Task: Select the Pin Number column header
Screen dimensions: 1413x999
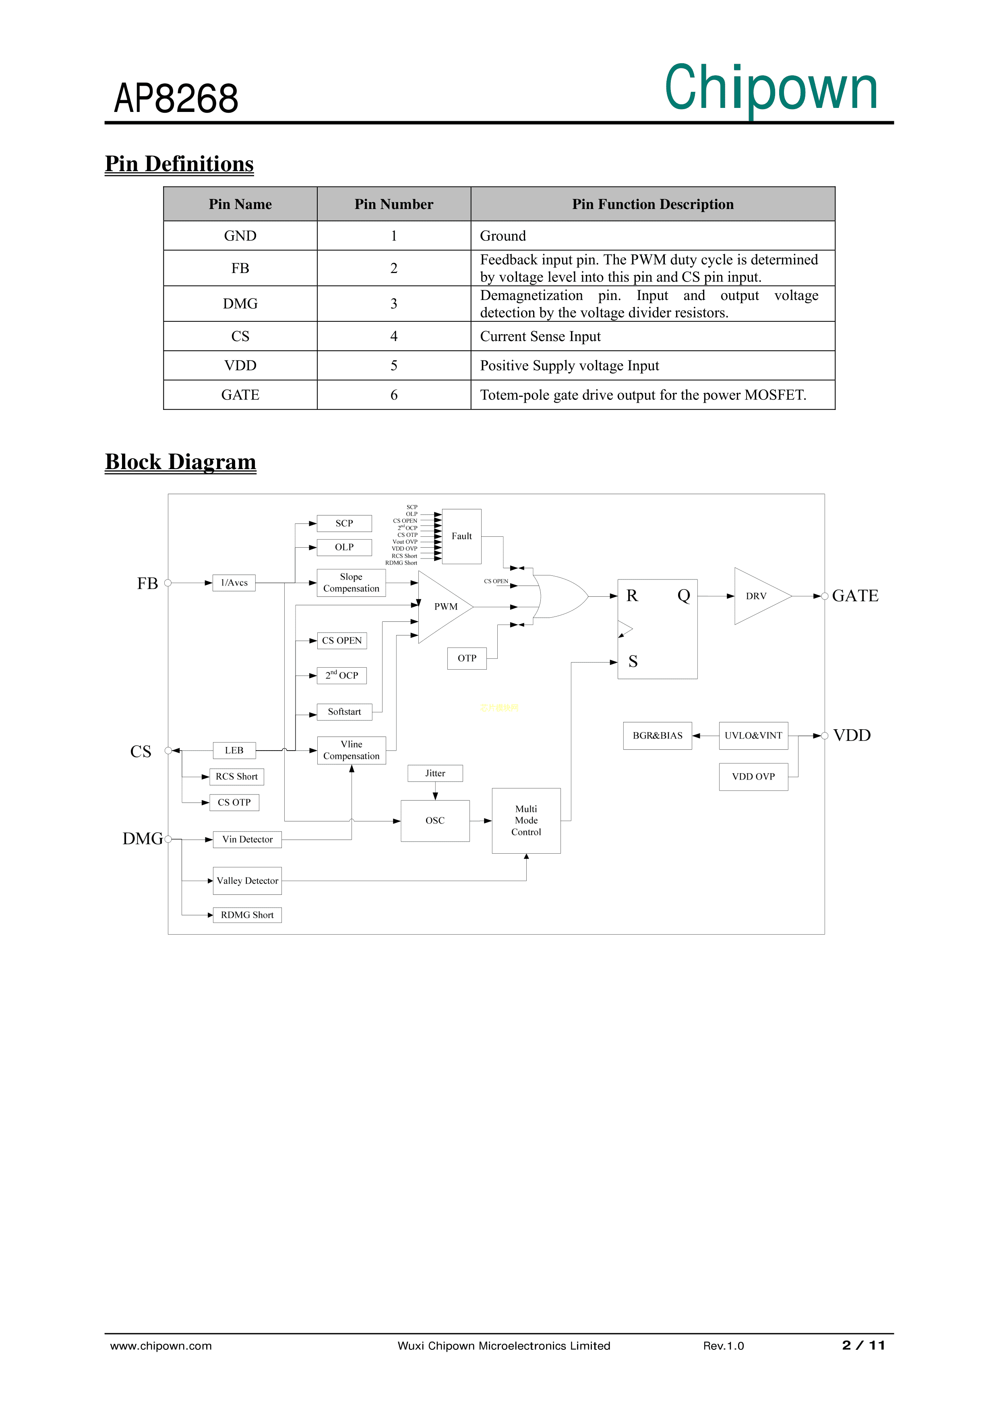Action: coord(393,204)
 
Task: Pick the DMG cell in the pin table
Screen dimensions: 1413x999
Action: coord(240,303)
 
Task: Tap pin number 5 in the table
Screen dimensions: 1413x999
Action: coord(393,366)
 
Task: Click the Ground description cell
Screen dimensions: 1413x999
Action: coord(652,236)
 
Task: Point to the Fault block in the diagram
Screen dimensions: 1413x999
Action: coord(461,536)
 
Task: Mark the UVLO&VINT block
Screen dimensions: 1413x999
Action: coord(753,735)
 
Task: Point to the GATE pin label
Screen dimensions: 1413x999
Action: coord(854,596)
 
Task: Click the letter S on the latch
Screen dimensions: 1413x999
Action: coord(633,662)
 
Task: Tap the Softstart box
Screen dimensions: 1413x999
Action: coord(344,712)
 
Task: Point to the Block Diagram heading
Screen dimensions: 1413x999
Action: coord(180,461)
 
